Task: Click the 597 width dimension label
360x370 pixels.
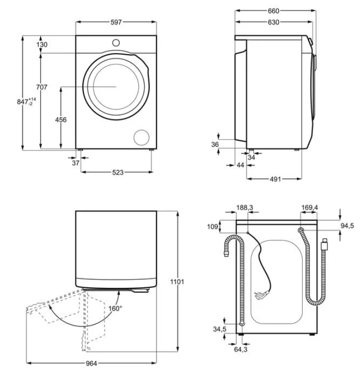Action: [116, 22]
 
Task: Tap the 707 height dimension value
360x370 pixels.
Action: [42, 87]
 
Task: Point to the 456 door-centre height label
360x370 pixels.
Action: [61, 120]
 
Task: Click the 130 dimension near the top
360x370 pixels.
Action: [42, 45]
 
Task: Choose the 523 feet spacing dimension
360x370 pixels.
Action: [117, 172]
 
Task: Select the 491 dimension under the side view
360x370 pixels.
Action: [274, 179]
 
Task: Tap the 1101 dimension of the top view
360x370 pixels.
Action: [177, 282]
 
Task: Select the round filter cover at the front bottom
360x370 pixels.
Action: [142, 136]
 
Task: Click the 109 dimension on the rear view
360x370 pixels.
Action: [213, 227]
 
